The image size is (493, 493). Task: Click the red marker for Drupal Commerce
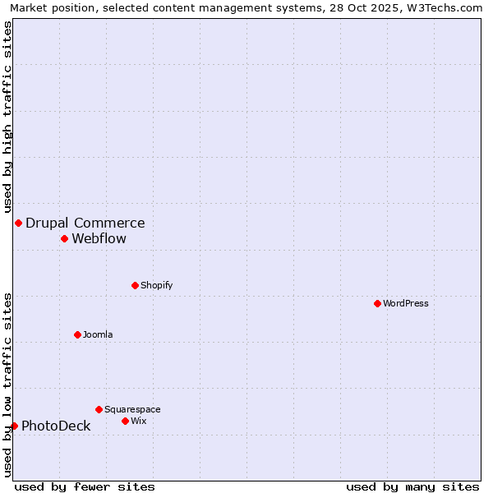(18, 223)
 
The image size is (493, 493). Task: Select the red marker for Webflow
(64, 238)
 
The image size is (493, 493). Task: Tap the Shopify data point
(135, 285)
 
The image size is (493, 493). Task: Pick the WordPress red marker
(377, 303)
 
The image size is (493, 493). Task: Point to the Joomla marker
(77, 334)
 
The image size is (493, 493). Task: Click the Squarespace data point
(99, 409)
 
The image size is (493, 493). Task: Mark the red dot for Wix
(125, 421)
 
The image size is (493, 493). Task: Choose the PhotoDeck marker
(14, 426)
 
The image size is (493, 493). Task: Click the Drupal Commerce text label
(85, 223)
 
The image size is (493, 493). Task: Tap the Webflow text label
(99, 238)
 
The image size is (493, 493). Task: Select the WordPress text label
(405, 303)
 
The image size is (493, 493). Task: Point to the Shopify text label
(156, 285)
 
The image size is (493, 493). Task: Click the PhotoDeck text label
(56, 426)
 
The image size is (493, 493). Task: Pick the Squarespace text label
(132, 409)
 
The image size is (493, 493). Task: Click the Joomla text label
(98, 334)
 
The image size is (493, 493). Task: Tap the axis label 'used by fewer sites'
(85, 486)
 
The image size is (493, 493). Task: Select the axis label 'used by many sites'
(412, 486)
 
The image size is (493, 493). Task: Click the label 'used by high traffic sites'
(7, 117)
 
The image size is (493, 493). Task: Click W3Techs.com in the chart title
(450, 7)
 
